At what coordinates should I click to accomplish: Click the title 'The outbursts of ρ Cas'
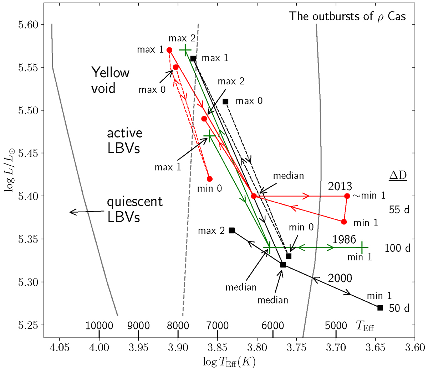347,16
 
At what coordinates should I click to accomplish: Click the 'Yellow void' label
110,80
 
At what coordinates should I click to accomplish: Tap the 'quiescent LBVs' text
135,209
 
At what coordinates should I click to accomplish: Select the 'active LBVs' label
125,140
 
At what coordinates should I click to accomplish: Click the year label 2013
340,186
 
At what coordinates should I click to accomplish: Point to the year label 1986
344,239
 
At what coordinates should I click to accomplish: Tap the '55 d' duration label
398,210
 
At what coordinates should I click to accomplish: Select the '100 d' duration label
398,248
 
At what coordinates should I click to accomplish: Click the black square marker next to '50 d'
380,307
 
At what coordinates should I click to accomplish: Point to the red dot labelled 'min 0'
210,179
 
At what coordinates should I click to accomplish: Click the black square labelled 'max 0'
225,102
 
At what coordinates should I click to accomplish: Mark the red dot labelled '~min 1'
347,196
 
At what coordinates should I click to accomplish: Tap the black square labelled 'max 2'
232,230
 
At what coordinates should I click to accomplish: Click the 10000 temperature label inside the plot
99,325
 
